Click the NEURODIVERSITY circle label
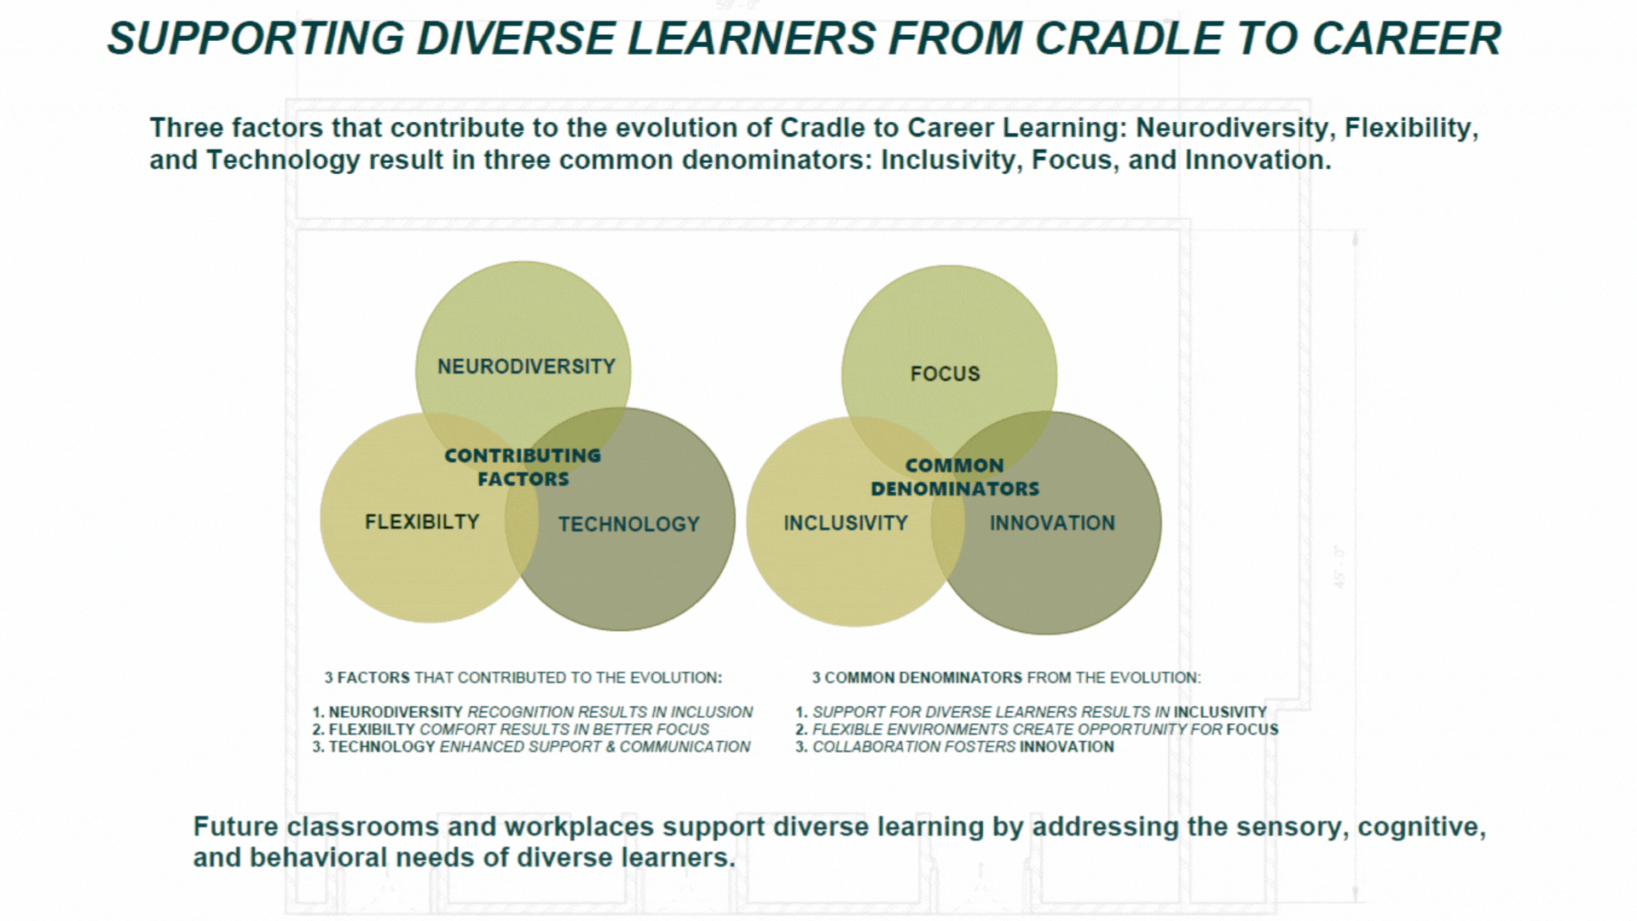pos(526,367)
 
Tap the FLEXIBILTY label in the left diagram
pos(422,522)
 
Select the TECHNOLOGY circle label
pos(629,524)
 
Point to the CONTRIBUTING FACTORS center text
pos(523,467)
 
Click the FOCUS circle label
pos(946,374)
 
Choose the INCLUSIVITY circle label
pos(846,524)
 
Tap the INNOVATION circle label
pos(1052,524)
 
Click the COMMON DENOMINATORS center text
pos(955,477)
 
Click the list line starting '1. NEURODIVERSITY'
pos(533,712)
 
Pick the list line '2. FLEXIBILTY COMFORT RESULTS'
pos(511,730)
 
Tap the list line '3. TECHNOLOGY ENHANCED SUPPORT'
pos(531,747)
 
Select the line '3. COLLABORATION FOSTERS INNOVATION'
pos(955,747)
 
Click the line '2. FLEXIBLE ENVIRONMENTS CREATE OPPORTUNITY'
pos(1037,730)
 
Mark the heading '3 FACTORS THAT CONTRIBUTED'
pos(523,678)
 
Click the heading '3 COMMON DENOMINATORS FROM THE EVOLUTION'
pos(1006,678)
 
